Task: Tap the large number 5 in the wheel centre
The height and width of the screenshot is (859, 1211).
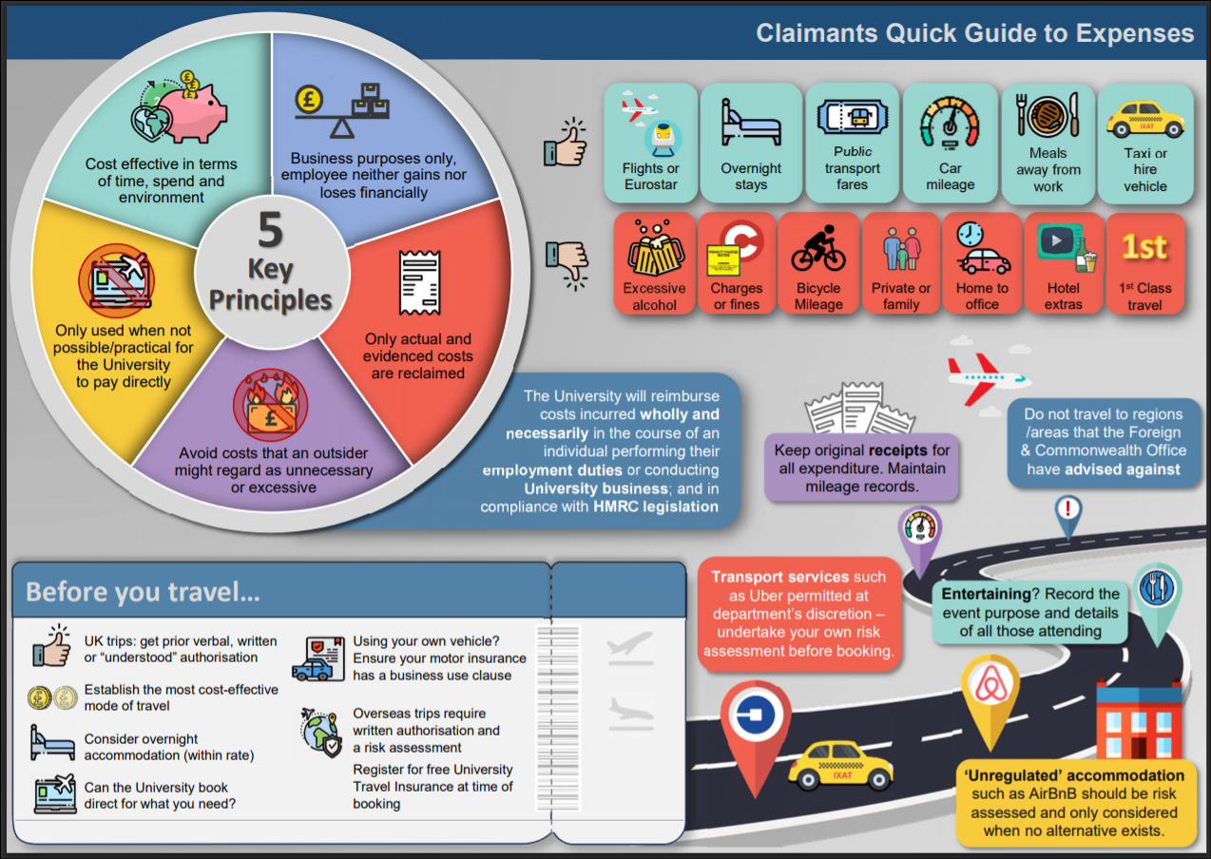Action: [271, 229]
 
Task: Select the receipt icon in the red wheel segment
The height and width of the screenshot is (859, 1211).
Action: [419, 282]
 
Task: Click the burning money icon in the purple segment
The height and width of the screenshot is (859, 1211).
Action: [271, 405]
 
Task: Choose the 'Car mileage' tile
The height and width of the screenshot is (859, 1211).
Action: [950, 143]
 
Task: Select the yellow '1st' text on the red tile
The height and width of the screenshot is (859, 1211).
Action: [1144, 247]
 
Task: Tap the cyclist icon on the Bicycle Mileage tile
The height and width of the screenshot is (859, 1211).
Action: [818, 248]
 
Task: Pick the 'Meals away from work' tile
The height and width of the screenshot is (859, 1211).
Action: [1048, 143]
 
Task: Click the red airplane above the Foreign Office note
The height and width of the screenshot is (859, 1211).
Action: [988, 378]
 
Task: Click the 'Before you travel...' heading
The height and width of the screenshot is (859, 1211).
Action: [143, 592]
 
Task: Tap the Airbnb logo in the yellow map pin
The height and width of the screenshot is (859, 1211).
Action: [991, 684]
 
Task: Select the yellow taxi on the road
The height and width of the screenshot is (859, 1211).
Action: [839, 764]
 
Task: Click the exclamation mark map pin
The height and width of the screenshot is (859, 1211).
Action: [1067, 515]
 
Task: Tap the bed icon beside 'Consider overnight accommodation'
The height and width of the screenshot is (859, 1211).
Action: [52, 743]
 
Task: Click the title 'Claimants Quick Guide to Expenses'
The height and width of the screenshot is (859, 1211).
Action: [974, 33]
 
